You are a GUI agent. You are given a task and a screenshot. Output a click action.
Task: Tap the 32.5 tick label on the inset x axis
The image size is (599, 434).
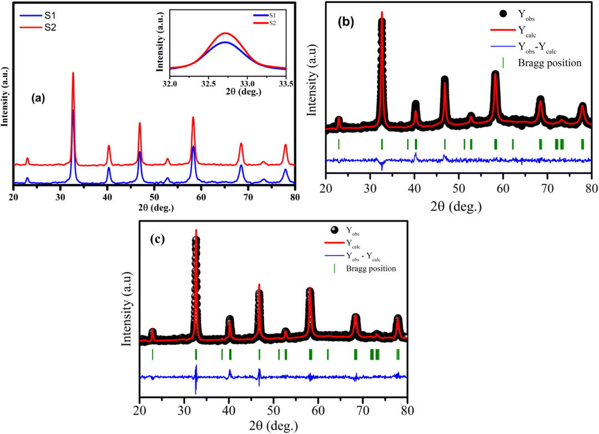[208, 84]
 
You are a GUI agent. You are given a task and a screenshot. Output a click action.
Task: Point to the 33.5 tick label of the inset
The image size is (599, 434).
[286, 84]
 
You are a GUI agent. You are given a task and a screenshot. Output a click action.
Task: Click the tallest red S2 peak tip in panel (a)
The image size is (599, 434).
[73, 73]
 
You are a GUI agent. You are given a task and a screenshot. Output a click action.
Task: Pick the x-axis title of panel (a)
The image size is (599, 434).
[155, 208]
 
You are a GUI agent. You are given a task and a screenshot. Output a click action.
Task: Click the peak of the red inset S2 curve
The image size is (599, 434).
[225, 33]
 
